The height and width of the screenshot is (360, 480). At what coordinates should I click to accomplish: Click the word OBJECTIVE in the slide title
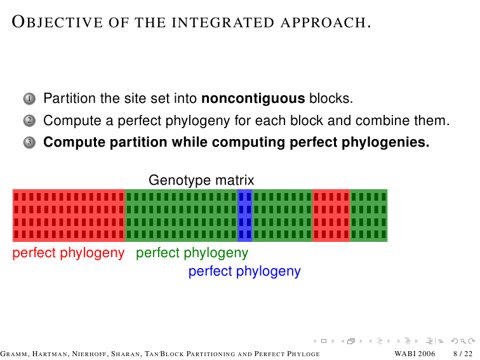coord(57,22)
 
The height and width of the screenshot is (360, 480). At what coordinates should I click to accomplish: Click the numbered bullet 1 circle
coord(29,99)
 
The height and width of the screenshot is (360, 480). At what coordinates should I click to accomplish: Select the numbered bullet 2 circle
coord(29,121)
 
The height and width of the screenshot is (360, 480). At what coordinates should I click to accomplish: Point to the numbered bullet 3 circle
coord(29,142)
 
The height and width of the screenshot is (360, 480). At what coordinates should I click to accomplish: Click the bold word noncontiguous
coord(253,99)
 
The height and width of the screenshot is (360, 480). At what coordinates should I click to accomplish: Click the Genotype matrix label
coord(201,180)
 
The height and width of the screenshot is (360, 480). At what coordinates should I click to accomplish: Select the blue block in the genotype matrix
coord(245,215)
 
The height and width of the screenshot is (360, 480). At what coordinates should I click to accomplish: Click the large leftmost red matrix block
coord(69,215)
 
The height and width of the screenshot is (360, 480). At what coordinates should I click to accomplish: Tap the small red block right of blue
coord(331,215)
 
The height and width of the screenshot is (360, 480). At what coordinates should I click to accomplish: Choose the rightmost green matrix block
coord(369,215)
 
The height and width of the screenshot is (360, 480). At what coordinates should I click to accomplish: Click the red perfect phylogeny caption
coord(69,253)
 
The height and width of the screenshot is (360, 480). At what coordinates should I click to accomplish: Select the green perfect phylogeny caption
coord(192,253)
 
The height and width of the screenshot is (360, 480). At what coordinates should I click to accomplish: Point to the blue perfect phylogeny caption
coord(244,272)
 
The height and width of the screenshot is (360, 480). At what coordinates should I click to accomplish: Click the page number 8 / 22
coord(463,354)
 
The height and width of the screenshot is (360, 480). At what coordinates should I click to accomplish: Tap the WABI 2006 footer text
coord(415,354)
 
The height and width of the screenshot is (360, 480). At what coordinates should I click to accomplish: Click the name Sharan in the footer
coord(126,354)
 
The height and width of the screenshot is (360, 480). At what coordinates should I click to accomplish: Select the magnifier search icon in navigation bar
coord(463,341)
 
